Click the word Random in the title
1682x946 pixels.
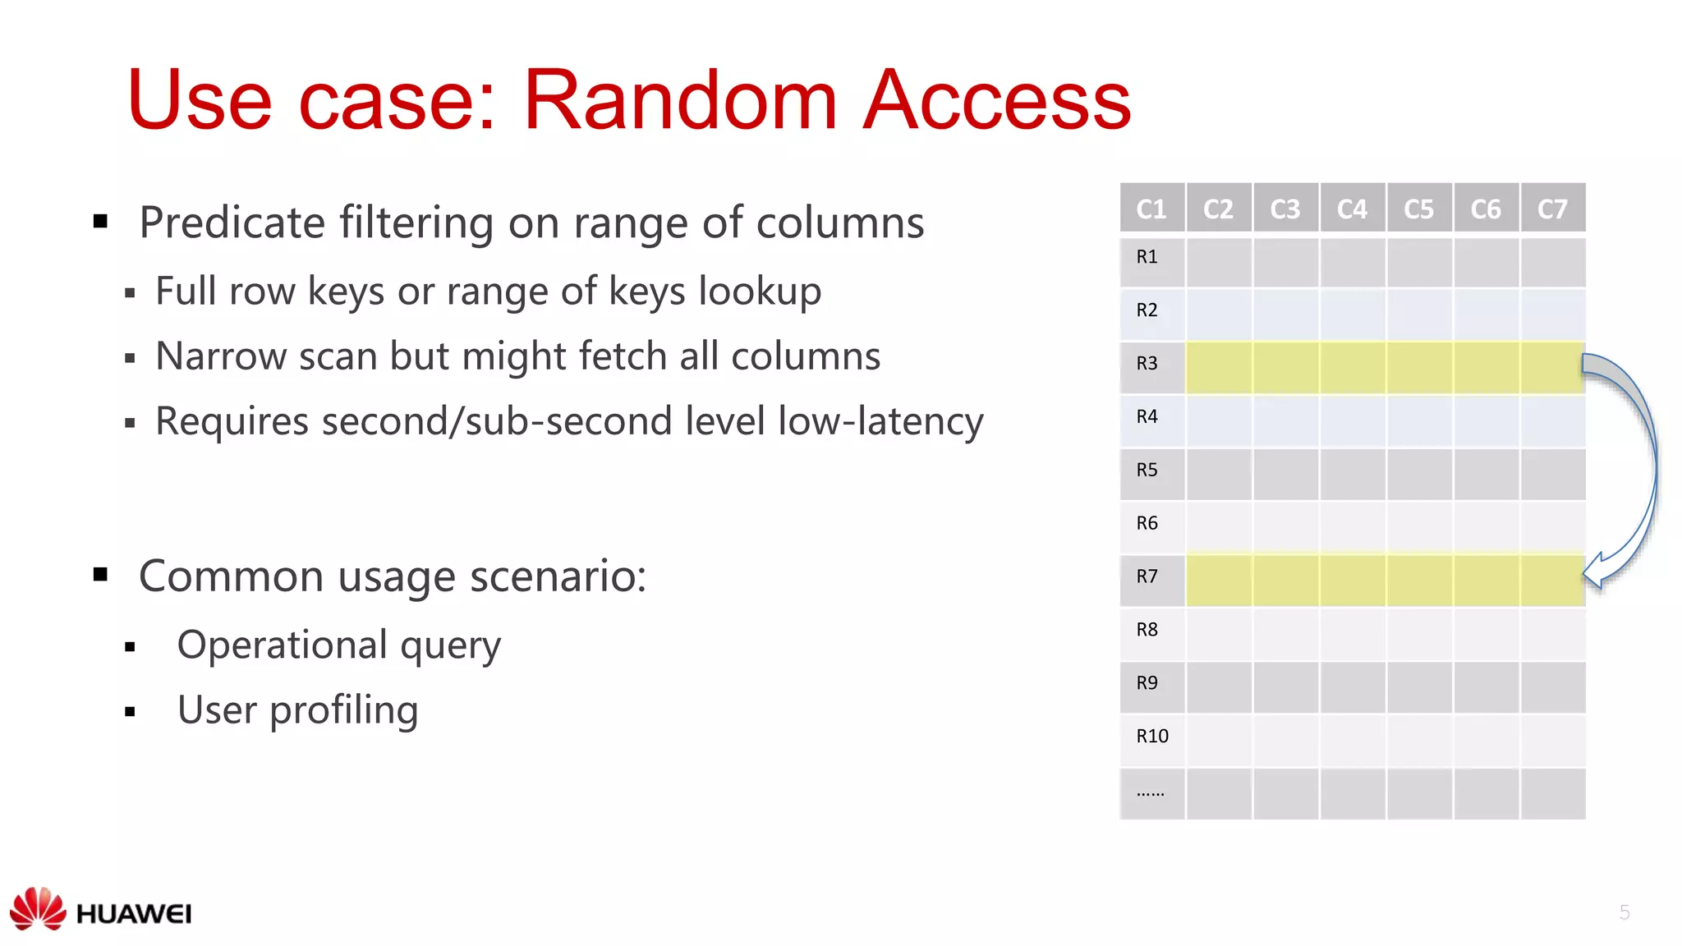[x=680, y=100]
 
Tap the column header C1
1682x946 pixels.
[x=1151, y=209]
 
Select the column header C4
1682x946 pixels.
[x=1352, y=209]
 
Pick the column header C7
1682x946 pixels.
[x=1552, y=209]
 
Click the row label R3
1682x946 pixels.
[x=1147, y=363]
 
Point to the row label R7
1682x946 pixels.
[x=1147, y=576]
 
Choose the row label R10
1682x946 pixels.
[x=1151, y=736]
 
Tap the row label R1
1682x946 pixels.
[x=1147, y=257]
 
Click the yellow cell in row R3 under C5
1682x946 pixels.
[x=1419, y=367]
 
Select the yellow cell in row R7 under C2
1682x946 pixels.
[x=1219, y=580]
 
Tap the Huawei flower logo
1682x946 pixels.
[x=38, y=908]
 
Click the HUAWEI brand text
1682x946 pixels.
[x=134, y=914]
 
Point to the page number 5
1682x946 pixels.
[x=1624, y=912]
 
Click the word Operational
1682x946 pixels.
[x=282, y=645]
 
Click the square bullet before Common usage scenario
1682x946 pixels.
[x=101, y=574]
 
